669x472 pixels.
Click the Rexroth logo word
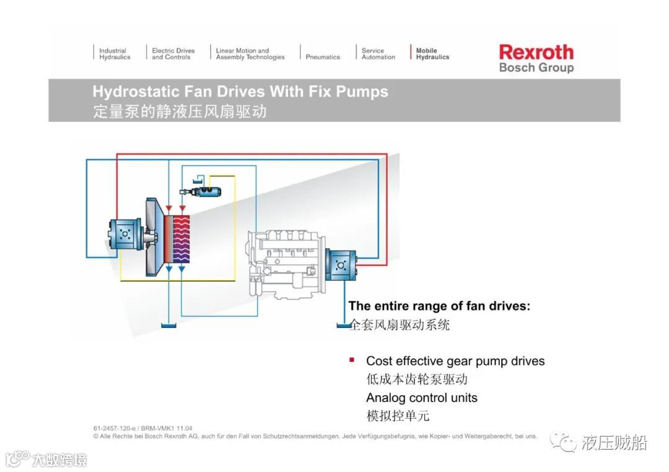(x=536, y=52)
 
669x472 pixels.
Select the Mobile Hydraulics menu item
(x=432, y=54)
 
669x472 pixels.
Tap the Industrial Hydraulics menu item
(x=115, y=54)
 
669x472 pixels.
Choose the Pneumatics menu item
(x=323, y=57)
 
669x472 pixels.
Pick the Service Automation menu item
(x=378, y=54)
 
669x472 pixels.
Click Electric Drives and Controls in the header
(x=173, y=54)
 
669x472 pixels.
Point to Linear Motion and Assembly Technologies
(x=250, y=54)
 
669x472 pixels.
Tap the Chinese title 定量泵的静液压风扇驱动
(x=180, y=112)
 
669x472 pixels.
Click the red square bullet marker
(x=352, y=359)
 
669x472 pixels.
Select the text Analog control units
(x=421, y=398)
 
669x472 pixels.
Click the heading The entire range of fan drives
(x=439, y=306)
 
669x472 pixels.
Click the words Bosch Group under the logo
(x=536, y=67)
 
